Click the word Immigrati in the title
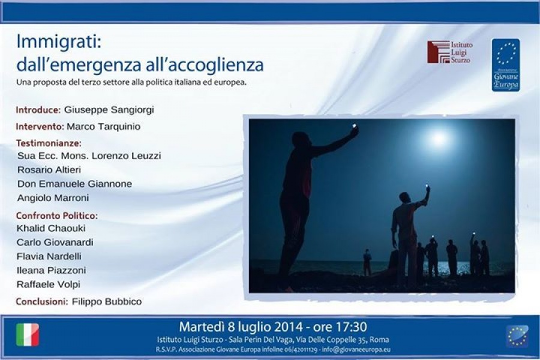(59, 42)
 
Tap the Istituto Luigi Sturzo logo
(450, 52)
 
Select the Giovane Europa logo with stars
(506, 65)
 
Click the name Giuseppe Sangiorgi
(109, 110)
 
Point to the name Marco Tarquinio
(104, 127)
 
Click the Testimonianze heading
(49, 143)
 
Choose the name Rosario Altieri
(49, 170)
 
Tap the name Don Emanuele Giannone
(74, 184)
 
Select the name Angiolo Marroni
(53, 198)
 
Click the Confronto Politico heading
(57, 215)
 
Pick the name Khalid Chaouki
(51, 228)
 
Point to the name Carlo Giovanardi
(55, 242)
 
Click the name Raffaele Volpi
(48, 284)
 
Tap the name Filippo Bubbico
(107, 301)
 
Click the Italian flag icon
(28, 335)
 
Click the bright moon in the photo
(439, 139)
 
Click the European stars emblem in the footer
(518, 336)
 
